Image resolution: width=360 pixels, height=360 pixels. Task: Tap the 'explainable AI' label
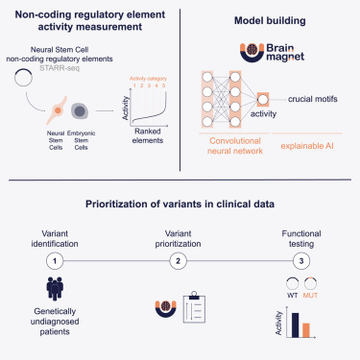pos(307,147)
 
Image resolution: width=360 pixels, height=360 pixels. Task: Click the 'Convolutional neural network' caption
pos(234,152)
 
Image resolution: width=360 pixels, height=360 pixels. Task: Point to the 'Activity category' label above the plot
pos(154,79)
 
